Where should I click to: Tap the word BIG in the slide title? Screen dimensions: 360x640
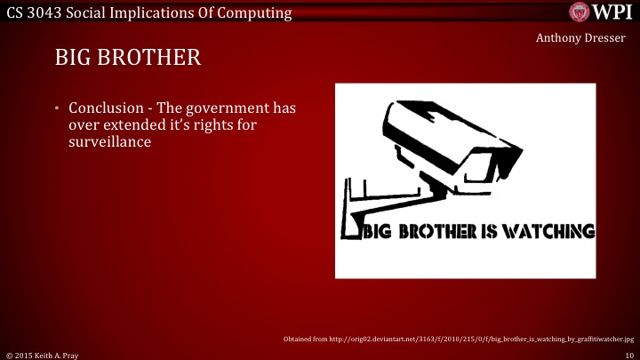(x=74, y=59)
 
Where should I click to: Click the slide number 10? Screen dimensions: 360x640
(x=628, y=354)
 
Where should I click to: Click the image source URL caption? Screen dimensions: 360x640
(x=458, y=340)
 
